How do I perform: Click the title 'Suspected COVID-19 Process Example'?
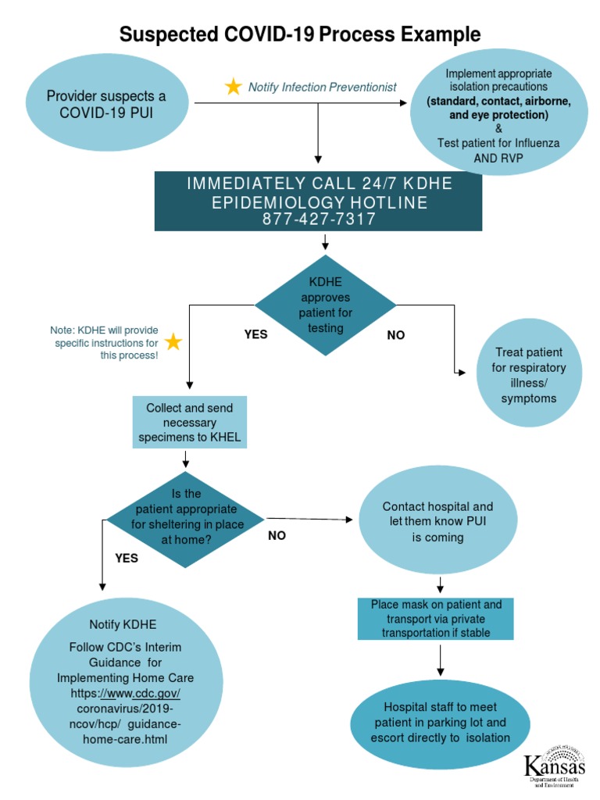[299, 34]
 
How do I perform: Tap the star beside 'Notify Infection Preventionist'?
[233, 87]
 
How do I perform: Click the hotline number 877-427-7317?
[319, 220]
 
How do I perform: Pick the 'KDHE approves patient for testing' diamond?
[326, 305]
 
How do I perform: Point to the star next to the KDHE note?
[173, 342]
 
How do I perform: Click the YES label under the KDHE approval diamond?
[255, 334]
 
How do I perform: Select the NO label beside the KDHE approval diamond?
[396, 335]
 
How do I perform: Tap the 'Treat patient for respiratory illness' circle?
[529, 375]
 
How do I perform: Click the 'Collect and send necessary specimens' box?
[189, 423]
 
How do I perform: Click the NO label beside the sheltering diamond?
[277, 536]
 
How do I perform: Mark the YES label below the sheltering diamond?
[127, 558]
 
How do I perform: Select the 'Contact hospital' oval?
[437, 522]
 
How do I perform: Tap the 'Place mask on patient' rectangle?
[436, 619]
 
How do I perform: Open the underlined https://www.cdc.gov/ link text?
[126, 693]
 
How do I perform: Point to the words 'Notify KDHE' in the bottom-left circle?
[123, 624]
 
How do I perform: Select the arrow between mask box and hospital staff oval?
[441, 661]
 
